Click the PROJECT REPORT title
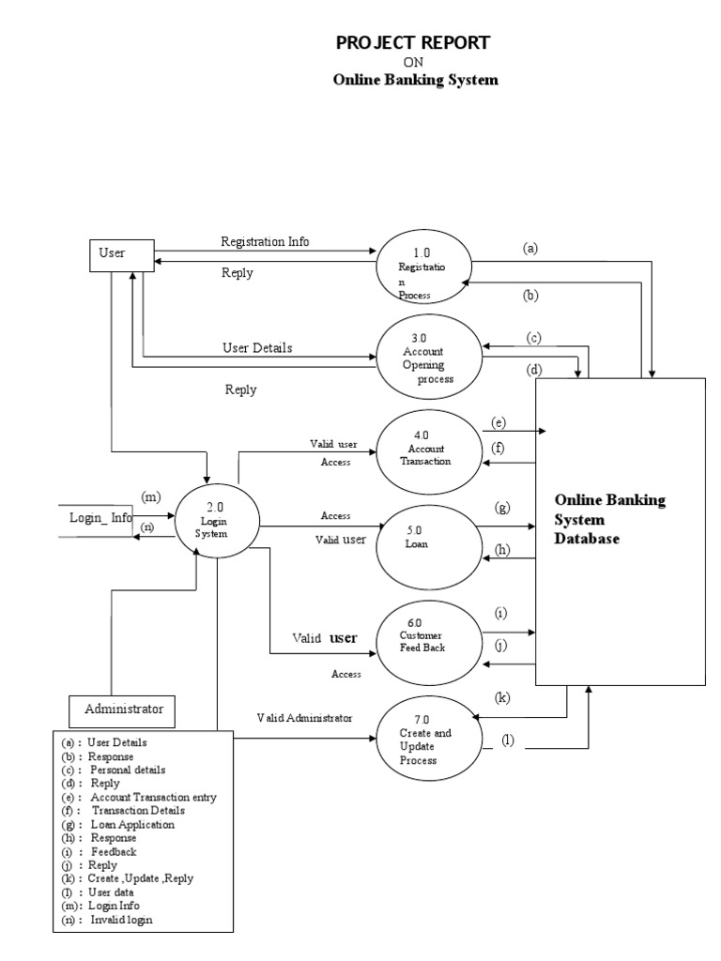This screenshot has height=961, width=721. click(x=413, y=42)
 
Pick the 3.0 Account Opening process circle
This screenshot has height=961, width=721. click(x=422, y=358)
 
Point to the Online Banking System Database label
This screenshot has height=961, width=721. click(x=609, y=519)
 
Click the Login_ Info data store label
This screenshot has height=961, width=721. click(x=100, y=517)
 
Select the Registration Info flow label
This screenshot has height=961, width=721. click(x=265, y=241)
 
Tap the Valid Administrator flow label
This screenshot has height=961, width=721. click(x=305, y=718)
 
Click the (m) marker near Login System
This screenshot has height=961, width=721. click(x=151, y=496)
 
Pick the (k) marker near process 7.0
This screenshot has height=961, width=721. click(x=503, y=698)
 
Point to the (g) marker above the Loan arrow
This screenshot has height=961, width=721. click(x=502, y=508)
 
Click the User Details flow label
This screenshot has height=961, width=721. click(x=257, y=347)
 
